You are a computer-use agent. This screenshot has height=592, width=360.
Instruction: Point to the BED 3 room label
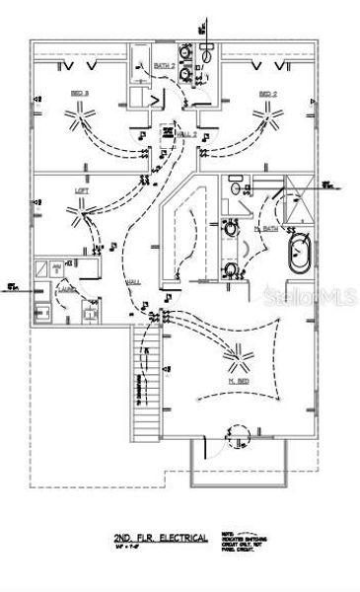[x=78, y=94]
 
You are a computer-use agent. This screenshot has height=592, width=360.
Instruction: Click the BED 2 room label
[x=266, y=94]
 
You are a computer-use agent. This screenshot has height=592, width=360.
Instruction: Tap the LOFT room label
[x=82, y=189]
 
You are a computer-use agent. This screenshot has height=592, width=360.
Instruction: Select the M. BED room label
[x=238, y=380]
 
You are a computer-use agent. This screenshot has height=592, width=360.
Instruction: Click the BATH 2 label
[x=165, y=66]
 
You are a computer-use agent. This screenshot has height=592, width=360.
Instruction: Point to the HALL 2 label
[x=186, y=133]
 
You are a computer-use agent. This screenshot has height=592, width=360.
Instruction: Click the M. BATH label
[x=266, y=228]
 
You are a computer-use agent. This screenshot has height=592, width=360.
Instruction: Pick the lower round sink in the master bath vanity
[x=231, y=270]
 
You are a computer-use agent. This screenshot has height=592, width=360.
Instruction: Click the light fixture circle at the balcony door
[x=236, y=430]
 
